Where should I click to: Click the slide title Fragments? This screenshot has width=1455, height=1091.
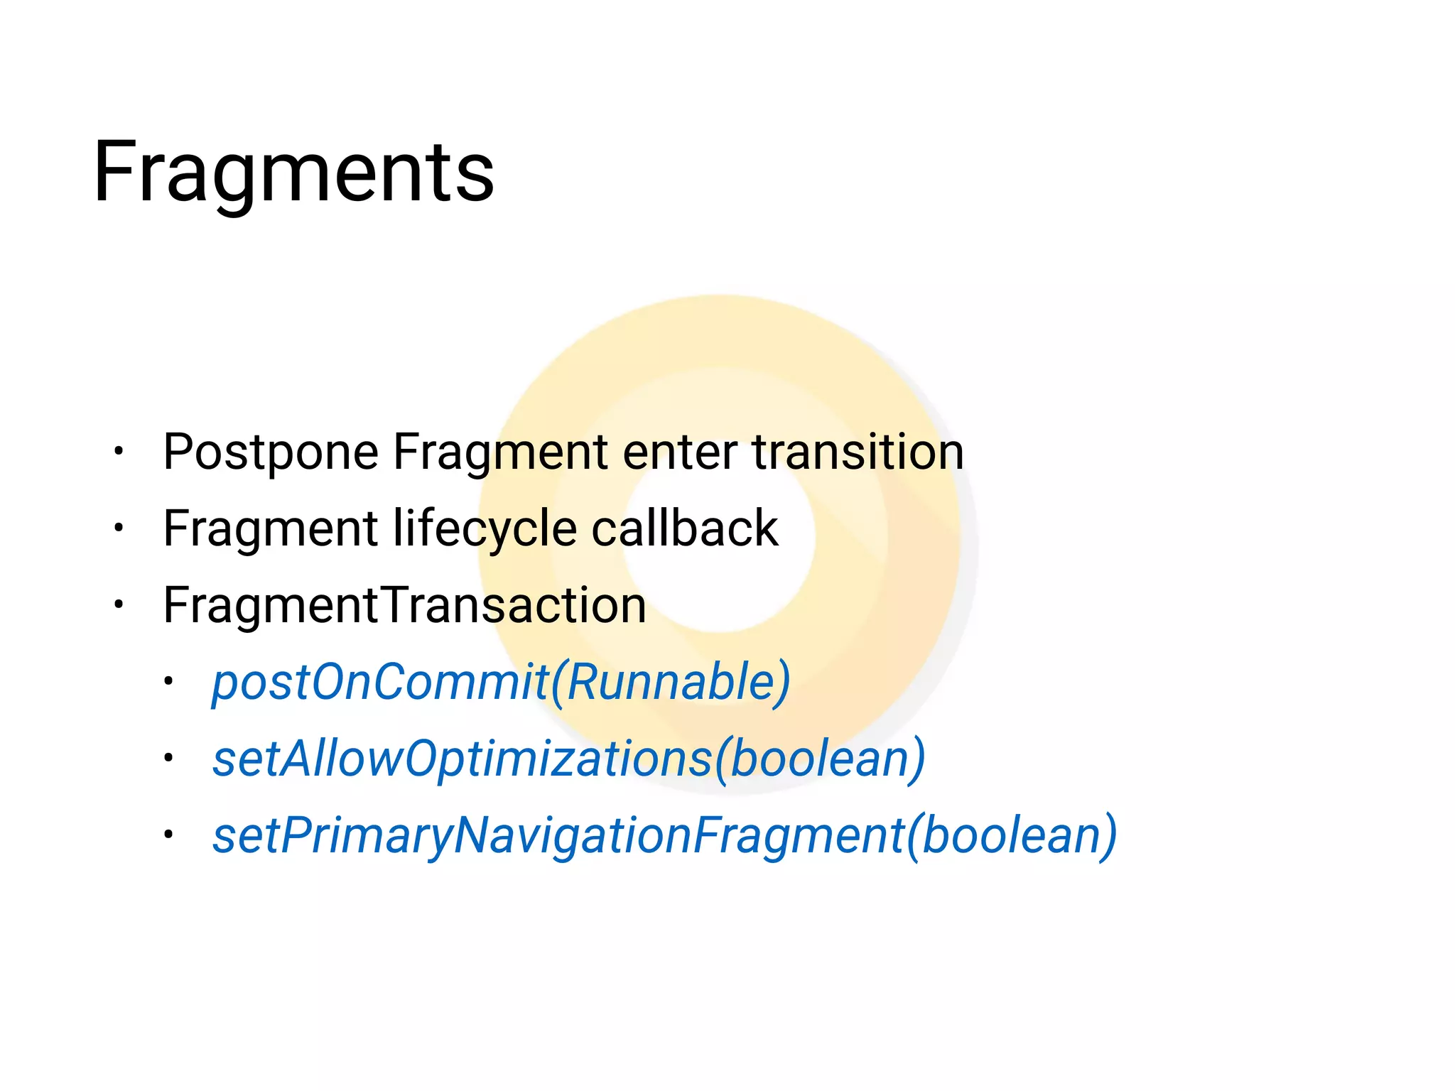point(293,173)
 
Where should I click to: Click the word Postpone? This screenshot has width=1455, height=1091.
point(271,452)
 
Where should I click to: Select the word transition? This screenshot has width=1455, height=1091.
point(858,452)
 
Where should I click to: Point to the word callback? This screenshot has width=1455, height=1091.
point(684,529)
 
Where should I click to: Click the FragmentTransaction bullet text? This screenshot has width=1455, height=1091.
point(404,605)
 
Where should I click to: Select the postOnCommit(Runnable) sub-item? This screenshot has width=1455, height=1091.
point(501,683)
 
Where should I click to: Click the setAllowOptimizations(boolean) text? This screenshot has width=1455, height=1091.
point(568,759)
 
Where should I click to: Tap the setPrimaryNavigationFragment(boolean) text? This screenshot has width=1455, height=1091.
point(664,836)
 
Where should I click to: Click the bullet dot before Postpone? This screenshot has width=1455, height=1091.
point(119,451)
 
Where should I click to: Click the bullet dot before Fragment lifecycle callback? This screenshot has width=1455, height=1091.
point(119,528)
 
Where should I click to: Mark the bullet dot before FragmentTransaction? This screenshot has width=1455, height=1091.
point(119,604)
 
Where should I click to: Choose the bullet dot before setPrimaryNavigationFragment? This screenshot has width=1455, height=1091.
point(168,835)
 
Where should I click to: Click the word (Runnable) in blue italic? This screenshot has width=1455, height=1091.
point(671,683)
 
